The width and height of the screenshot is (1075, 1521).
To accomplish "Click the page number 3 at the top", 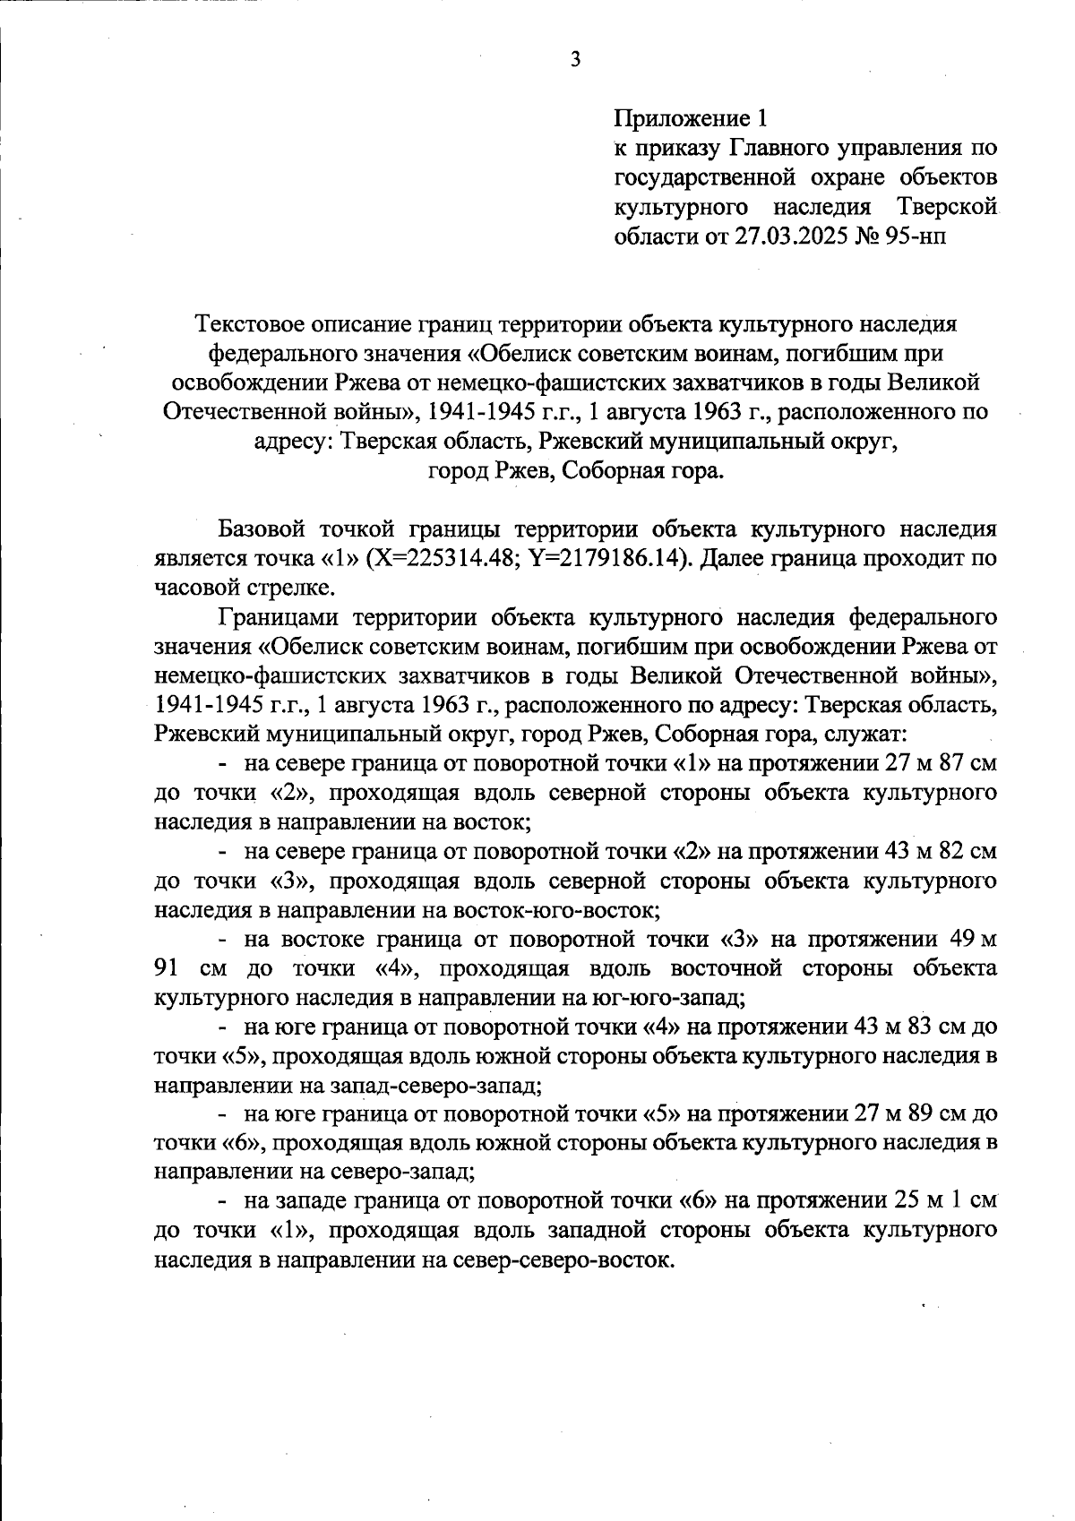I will click(575, 59).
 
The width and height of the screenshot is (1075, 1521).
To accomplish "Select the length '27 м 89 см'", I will click(914, 1114).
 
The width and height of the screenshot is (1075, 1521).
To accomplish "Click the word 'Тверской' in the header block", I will click(948, 207).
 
